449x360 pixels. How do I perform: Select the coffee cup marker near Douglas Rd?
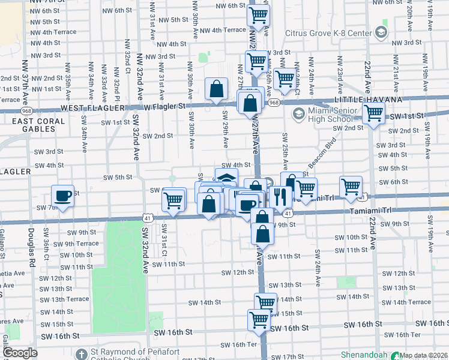click(x=62, y=196)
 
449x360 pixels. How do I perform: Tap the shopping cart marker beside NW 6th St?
click(x=258, y=16)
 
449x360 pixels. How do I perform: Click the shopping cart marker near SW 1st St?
click(x=373, y=113)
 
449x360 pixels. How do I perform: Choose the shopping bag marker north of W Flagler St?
click(x=215, y=89)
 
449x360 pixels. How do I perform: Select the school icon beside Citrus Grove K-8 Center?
click(x=381, y=31)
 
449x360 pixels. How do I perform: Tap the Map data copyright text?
click(x=424, y=355)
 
